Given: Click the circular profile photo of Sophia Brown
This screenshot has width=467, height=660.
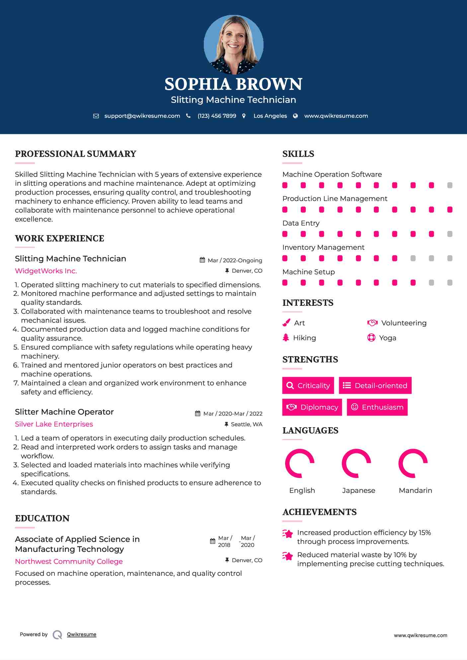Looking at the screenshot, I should click(x=233, y=44).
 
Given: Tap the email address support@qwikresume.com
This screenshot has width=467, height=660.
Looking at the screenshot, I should click(x=142, y=116).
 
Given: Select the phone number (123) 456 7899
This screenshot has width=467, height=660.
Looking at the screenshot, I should click(x=217, y=116).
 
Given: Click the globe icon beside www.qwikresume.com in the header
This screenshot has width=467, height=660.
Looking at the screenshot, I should click(x=295, y=116).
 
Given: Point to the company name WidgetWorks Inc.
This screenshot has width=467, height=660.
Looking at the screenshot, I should click(x=46, y=271).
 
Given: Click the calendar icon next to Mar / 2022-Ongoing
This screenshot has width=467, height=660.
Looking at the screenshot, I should click(x=202, y=260).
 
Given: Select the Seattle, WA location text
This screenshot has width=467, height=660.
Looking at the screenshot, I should click(x=246, y=424).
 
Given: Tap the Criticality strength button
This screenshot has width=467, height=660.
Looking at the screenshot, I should click(x=308, y=385).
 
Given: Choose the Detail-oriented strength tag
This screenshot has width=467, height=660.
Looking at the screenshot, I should click(x=375, y=385).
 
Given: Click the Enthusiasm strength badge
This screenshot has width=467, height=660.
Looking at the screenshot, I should click(x=377, y=407).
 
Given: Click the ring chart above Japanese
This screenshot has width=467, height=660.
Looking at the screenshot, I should click(x=356, y=463).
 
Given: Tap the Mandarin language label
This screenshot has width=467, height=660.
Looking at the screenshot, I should click(x=415, y=490).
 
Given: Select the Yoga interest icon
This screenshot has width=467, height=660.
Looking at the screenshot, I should click(x=371, y=338).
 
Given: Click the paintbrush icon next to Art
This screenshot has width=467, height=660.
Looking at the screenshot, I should click(x=286, y=323).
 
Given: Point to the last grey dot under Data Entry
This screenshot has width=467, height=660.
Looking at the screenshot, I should click(x=450, y=234).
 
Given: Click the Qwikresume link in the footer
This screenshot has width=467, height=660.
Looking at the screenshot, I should click(x=82, y=634).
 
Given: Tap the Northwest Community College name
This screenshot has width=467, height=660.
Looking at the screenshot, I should click(x=69, y=561).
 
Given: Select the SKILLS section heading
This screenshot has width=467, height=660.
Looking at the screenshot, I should click(x=298, y=154).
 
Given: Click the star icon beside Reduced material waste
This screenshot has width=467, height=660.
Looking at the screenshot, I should click(x=288, y=556).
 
